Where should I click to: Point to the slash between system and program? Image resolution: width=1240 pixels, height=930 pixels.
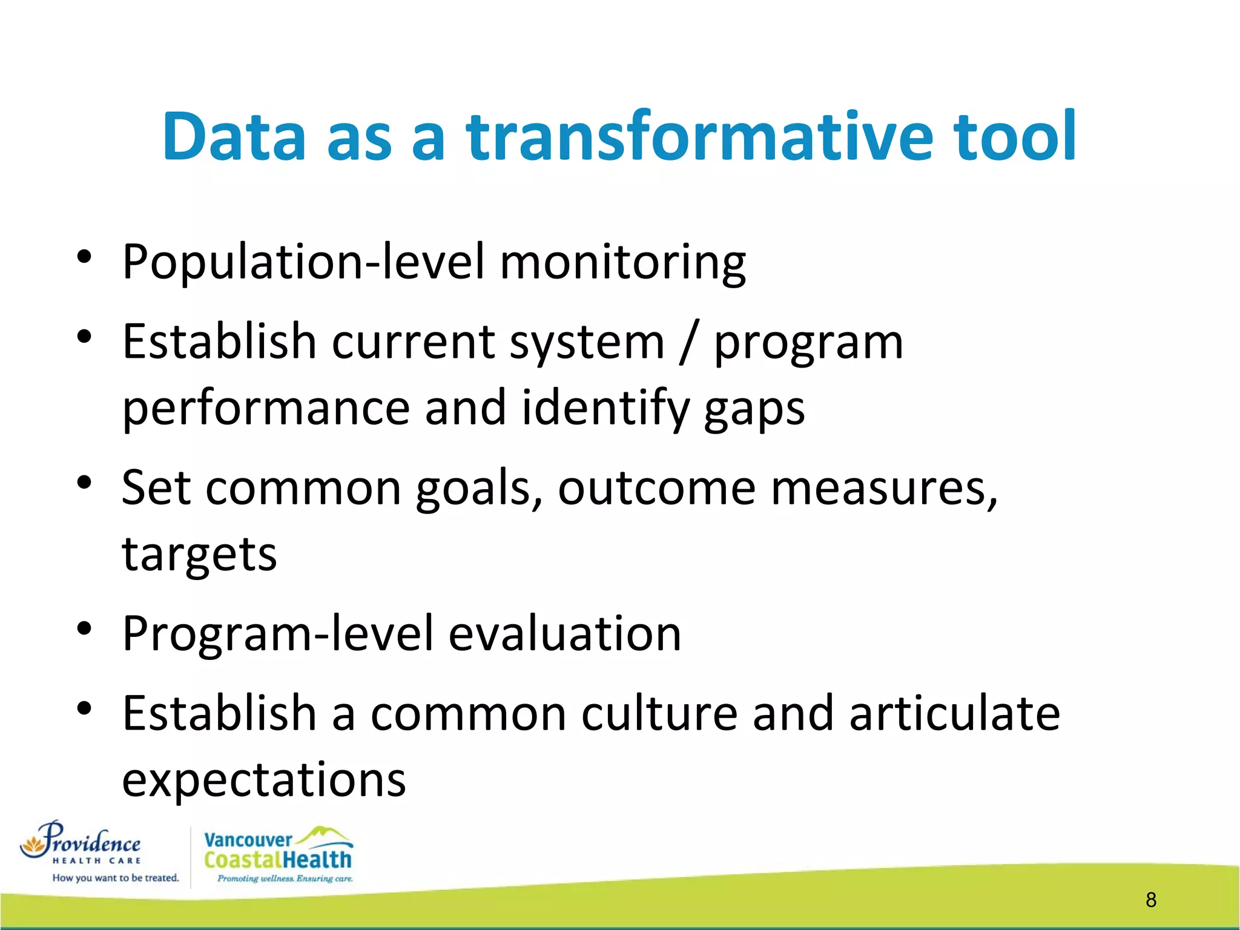(x=688, y=343)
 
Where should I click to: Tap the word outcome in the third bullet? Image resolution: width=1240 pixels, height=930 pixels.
(x=656, y=488)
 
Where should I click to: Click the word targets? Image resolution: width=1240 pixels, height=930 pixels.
(x=200, y=555)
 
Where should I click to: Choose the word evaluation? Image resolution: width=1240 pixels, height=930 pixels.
(x=564, y=634)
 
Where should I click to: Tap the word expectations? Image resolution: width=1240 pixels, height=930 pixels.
(x=264, y=780)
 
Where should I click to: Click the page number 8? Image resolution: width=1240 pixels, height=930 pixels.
(x=1151, y=900)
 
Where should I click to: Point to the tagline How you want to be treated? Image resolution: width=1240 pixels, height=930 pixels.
(x=116, y=878)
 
